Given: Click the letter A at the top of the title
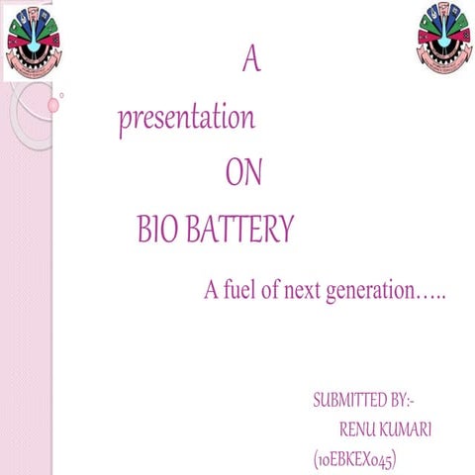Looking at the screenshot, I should (x=251, y=61).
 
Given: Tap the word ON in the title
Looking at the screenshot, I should (x=243, y=174).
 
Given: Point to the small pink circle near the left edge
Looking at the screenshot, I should (x=53, y=104).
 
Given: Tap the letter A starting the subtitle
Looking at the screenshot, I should (x=211, y=292).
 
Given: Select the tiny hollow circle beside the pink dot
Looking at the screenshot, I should (x=62, y=96).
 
